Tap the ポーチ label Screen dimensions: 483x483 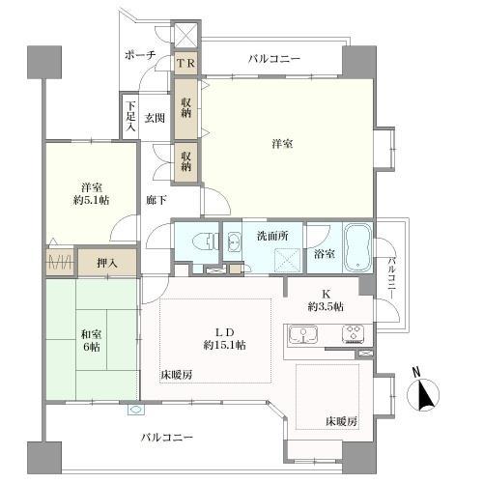[x=141, y=57]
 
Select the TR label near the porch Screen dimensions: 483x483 [x=186, y=63]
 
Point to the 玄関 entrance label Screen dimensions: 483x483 [x=155, y=118]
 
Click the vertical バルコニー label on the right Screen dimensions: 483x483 [x=393, y=273]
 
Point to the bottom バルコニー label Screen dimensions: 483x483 [x=167, y=438]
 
